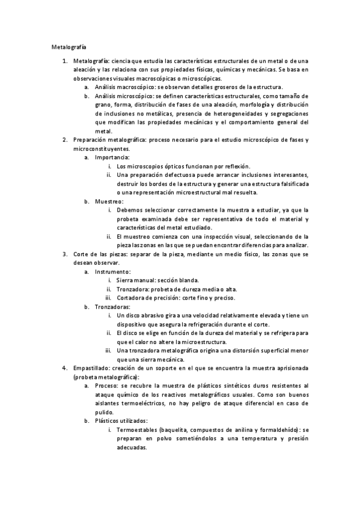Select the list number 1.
(65, 61)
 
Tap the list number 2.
(65, 140)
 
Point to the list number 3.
(65, 254)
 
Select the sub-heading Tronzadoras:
(113, 306)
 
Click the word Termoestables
(139, 431)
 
